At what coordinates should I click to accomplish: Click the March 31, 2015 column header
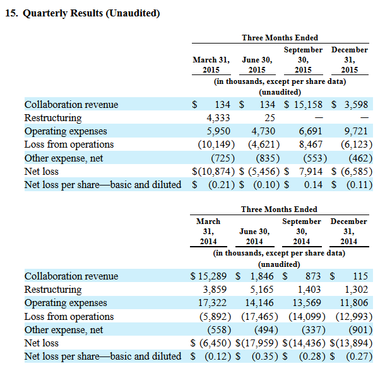point(211,65)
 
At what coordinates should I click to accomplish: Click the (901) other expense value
point(354,329)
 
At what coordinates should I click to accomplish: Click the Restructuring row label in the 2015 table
point(53,118)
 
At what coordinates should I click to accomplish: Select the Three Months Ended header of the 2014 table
point(280,209)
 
